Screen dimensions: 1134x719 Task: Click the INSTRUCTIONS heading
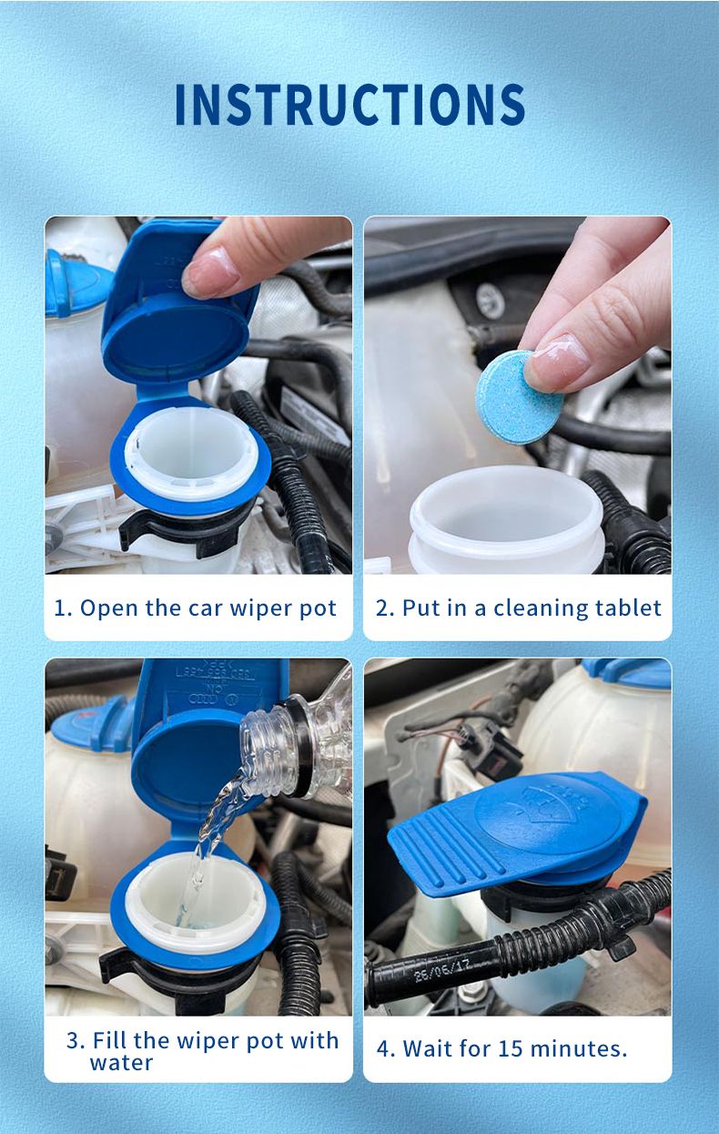(349, 105)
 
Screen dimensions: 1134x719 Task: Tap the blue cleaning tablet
(520, 397)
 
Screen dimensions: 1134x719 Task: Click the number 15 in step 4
(511, 1048)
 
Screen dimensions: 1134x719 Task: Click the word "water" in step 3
(121, 1062)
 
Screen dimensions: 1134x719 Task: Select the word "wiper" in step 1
(244, 608)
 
